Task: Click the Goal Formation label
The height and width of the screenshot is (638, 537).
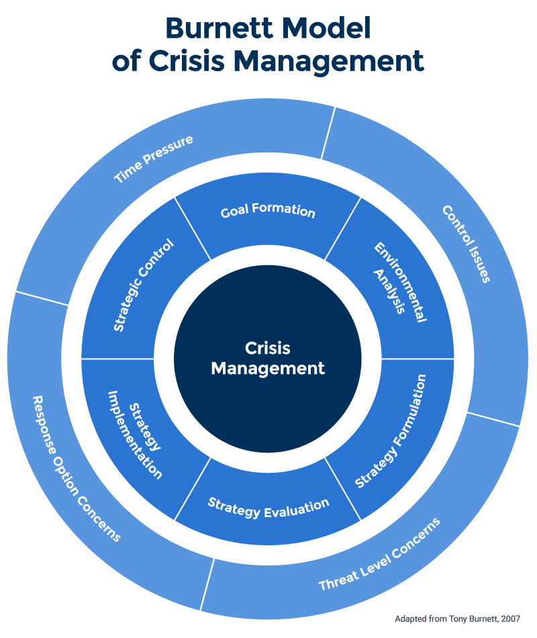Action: tap(268, 211)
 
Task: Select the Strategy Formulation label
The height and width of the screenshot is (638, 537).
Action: tap(391, 430)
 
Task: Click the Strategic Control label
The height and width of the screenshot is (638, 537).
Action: tap(143, 285)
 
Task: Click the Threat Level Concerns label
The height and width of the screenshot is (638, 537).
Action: tap(379, 554)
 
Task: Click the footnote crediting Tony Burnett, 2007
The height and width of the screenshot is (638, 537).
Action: tap(456, 618)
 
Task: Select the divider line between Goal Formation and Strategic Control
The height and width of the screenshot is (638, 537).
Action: tap(193, 228)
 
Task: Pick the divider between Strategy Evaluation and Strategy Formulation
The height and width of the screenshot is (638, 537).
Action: tap(342, 488)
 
